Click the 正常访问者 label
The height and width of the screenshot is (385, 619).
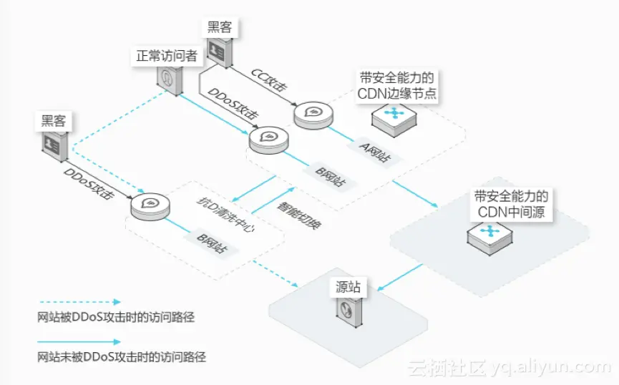(167, 56)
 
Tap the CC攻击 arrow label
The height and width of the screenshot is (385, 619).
(270, 81)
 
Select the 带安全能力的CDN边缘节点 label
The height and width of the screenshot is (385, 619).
(398, 86)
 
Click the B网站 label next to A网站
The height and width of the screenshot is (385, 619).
(331, 176)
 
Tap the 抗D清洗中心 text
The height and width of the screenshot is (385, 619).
(222, 213)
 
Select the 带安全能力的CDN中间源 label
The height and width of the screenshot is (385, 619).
(512, 204)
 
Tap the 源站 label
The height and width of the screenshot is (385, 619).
(349, 288)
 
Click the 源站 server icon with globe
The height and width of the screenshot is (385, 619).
(349, 313)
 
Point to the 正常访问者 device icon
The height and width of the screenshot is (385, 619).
(167, 79)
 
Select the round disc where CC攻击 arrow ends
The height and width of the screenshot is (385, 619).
(313, 114)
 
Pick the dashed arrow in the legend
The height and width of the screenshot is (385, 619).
(79, 302)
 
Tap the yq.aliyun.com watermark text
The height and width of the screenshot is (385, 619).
(550, 367)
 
